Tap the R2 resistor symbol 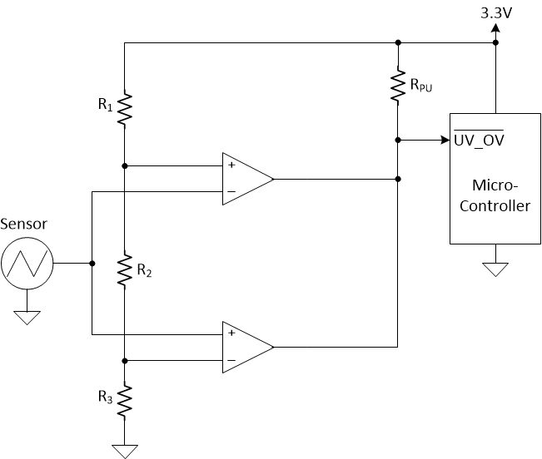click(124, 270)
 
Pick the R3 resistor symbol click(124, 402)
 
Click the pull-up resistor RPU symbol click(399, 86)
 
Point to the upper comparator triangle click(246, 179)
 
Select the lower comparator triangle click(246, 347)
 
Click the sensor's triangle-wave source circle click(27, 264)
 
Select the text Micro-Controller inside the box click(495, 195)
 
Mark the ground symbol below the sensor click(27, 317)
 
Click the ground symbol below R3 click(124, 451)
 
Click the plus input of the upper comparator click(230, 165)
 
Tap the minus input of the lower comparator click(230, 361)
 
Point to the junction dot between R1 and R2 click(124, 165)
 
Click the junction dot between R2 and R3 click(124, 361)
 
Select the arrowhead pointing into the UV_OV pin click(444, 140)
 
